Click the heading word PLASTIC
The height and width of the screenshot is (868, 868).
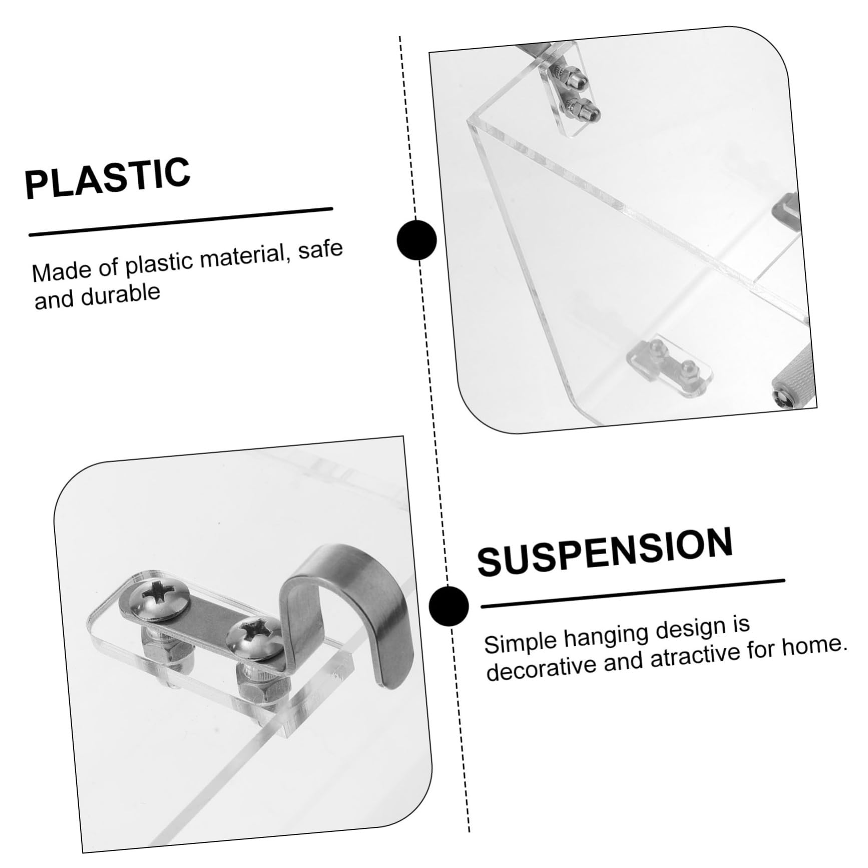point(108,177)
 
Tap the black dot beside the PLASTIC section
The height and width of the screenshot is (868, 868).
point(416,240)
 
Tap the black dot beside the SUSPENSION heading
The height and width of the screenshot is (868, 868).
point(449,606)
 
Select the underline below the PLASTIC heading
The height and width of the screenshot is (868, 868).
point(181,221)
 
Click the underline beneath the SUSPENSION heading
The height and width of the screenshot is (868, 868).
point(633,593)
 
